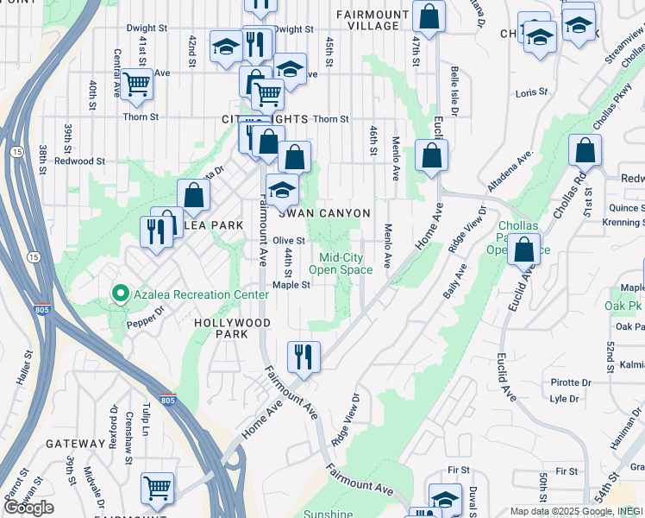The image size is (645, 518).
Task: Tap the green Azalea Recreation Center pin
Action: [122, 294]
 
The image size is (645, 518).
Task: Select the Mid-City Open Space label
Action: [341, 263]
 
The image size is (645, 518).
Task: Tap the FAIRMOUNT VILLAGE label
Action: [367, 20]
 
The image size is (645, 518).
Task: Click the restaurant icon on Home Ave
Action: [304, 356]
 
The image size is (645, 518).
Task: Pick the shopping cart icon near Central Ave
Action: [136, 85]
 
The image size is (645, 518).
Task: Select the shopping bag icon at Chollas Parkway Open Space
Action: [524, 249]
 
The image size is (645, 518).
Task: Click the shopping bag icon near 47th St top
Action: [429, 16]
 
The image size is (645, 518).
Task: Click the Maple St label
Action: [291, 285]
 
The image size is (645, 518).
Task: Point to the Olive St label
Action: [290, 241]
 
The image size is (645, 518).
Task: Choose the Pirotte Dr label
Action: [571, 382]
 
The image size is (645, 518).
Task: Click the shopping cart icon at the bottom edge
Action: [157, 488]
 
